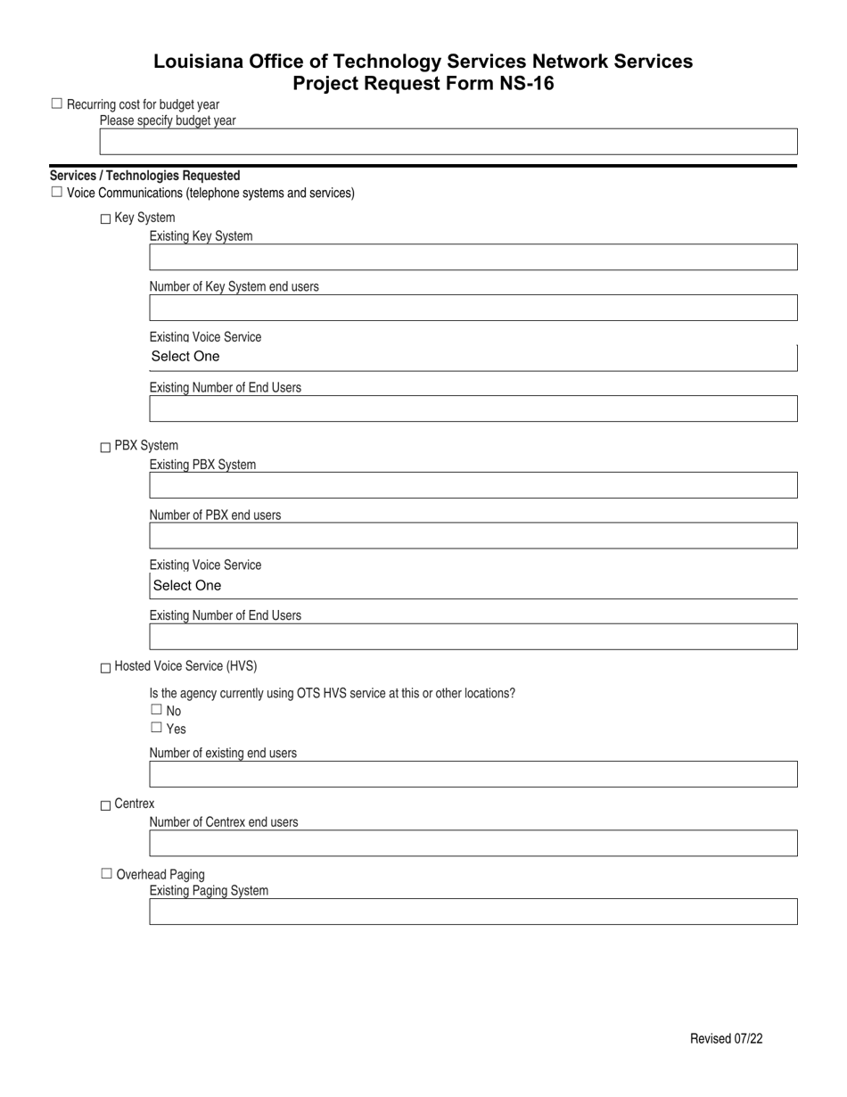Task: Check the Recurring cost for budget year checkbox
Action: coord(57,104)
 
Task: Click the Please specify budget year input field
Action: coord(448,143)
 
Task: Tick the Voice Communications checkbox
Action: coord(57,192)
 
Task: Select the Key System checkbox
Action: coord(106,219)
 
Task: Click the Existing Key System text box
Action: coord(473,258)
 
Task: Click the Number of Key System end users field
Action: coord(473,309)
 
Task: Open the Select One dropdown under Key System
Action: coord(473,357)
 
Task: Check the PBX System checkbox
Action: coord(106,447)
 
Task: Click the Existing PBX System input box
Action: coord(473,486)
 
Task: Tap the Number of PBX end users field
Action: coord(473,536)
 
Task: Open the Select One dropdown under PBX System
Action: coord(473,586)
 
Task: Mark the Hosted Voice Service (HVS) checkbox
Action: coord(106,668)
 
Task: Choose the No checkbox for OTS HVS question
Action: coord(156,710)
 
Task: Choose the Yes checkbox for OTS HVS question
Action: coord(156,728)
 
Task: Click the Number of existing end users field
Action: coord(473,774)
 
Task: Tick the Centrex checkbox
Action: coord(106,805)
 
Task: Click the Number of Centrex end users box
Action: coord(473,843)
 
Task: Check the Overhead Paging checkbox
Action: coord(107,874)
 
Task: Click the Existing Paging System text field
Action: coord(473,911)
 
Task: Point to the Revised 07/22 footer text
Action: coord(726,1039)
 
